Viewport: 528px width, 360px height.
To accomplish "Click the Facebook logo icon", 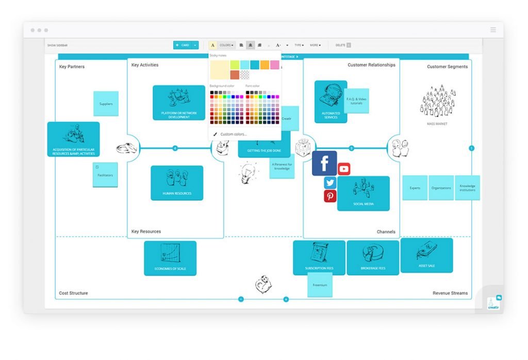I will click(x=324, y=163).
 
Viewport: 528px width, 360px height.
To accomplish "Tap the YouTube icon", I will click(x=344, y=169).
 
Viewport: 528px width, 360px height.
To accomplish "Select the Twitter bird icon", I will click(x=330, y=183).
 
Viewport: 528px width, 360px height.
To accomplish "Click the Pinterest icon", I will click(x=330, y=196).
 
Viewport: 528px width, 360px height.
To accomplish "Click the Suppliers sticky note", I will click(x=106, y=104).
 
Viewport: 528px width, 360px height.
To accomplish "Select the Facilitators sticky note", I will click(x=105, y=175).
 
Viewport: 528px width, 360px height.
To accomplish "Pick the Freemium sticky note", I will click(x=320, y=285).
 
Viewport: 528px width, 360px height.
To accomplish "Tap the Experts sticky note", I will click(x=415, y=188).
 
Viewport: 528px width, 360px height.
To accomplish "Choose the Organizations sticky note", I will click(x=441, y=188).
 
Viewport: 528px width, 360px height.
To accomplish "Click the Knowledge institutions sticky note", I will click(x=467, y=188).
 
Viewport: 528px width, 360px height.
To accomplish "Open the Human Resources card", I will click(x=177, y=183).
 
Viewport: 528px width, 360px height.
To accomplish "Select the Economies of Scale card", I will click(x=170, y=258).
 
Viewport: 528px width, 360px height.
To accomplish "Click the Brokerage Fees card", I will click(x=373, y=257).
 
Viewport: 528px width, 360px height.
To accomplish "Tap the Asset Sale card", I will click(x=426, y=255).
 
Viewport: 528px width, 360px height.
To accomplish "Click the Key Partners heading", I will click(x=72, y=67).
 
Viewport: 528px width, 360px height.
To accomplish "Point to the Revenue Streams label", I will click(x=450, y=293).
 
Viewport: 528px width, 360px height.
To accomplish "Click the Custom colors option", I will click(x=233, y=134).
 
